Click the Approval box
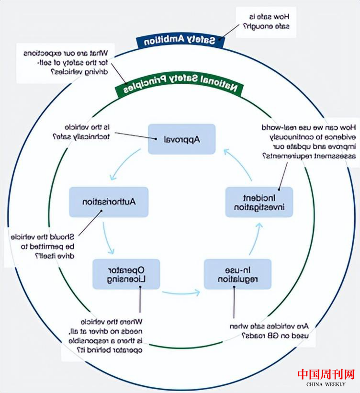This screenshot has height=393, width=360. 182,139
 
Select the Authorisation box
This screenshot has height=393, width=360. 109,202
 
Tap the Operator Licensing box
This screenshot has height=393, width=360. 125,273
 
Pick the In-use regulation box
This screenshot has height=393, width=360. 237,273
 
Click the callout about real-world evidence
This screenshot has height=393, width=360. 309,142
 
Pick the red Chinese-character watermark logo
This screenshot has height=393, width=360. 325,374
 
